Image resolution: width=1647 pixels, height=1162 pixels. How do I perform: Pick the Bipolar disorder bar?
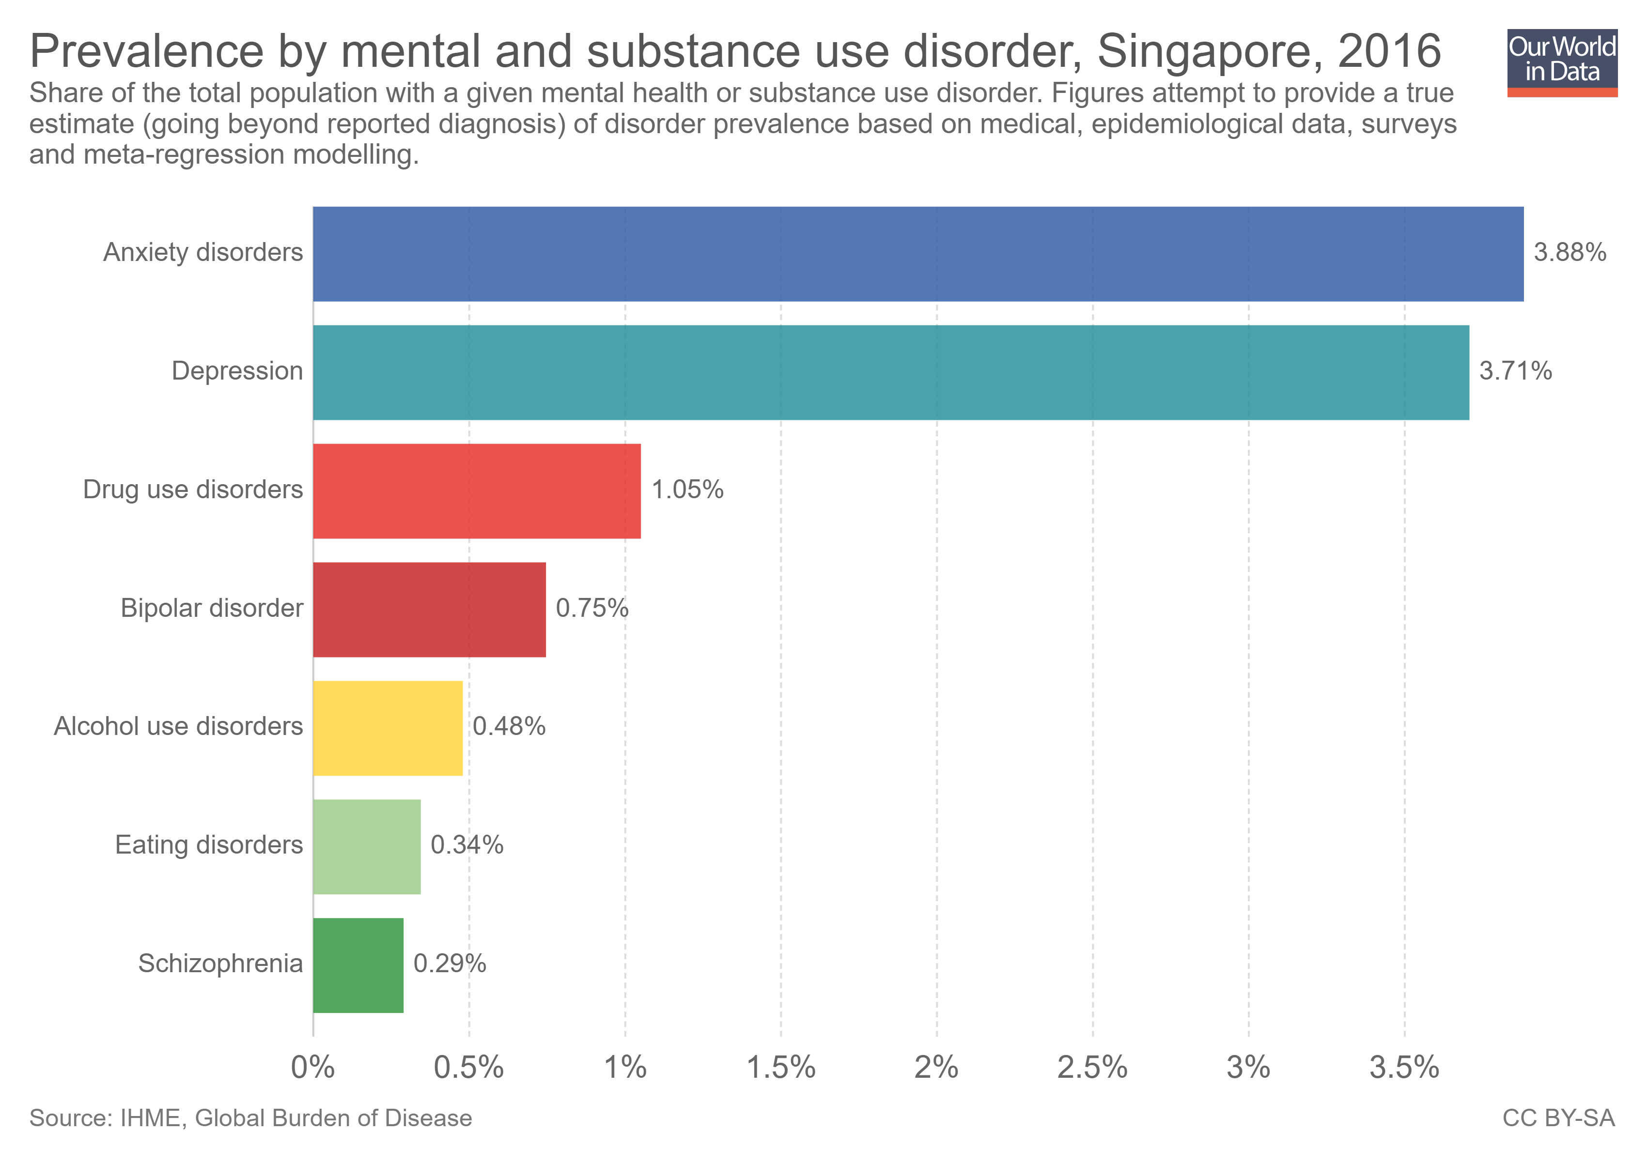point(429,609)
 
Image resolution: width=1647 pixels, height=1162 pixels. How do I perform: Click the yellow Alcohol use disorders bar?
point(388,728)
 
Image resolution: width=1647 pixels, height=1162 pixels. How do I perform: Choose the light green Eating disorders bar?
point(367,847)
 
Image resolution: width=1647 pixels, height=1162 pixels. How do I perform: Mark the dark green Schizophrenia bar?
point(358,965)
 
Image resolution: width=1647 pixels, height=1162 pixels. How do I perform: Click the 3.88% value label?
point(1569,252)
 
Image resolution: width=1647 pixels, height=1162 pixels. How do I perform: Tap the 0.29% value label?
point(450,963)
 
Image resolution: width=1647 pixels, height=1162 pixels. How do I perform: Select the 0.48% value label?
point(509,726)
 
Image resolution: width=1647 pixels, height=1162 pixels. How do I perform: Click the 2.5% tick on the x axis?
point(1092,1068)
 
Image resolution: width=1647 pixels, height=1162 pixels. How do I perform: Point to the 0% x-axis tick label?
point(313,1068)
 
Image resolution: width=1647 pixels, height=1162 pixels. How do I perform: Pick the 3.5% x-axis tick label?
point(1404,1068)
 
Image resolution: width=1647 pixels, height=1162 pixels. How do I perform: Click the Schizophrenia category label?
point(220,963)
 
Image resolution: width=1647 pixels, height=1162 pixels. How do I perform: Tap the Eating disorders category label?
point(209,845)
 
